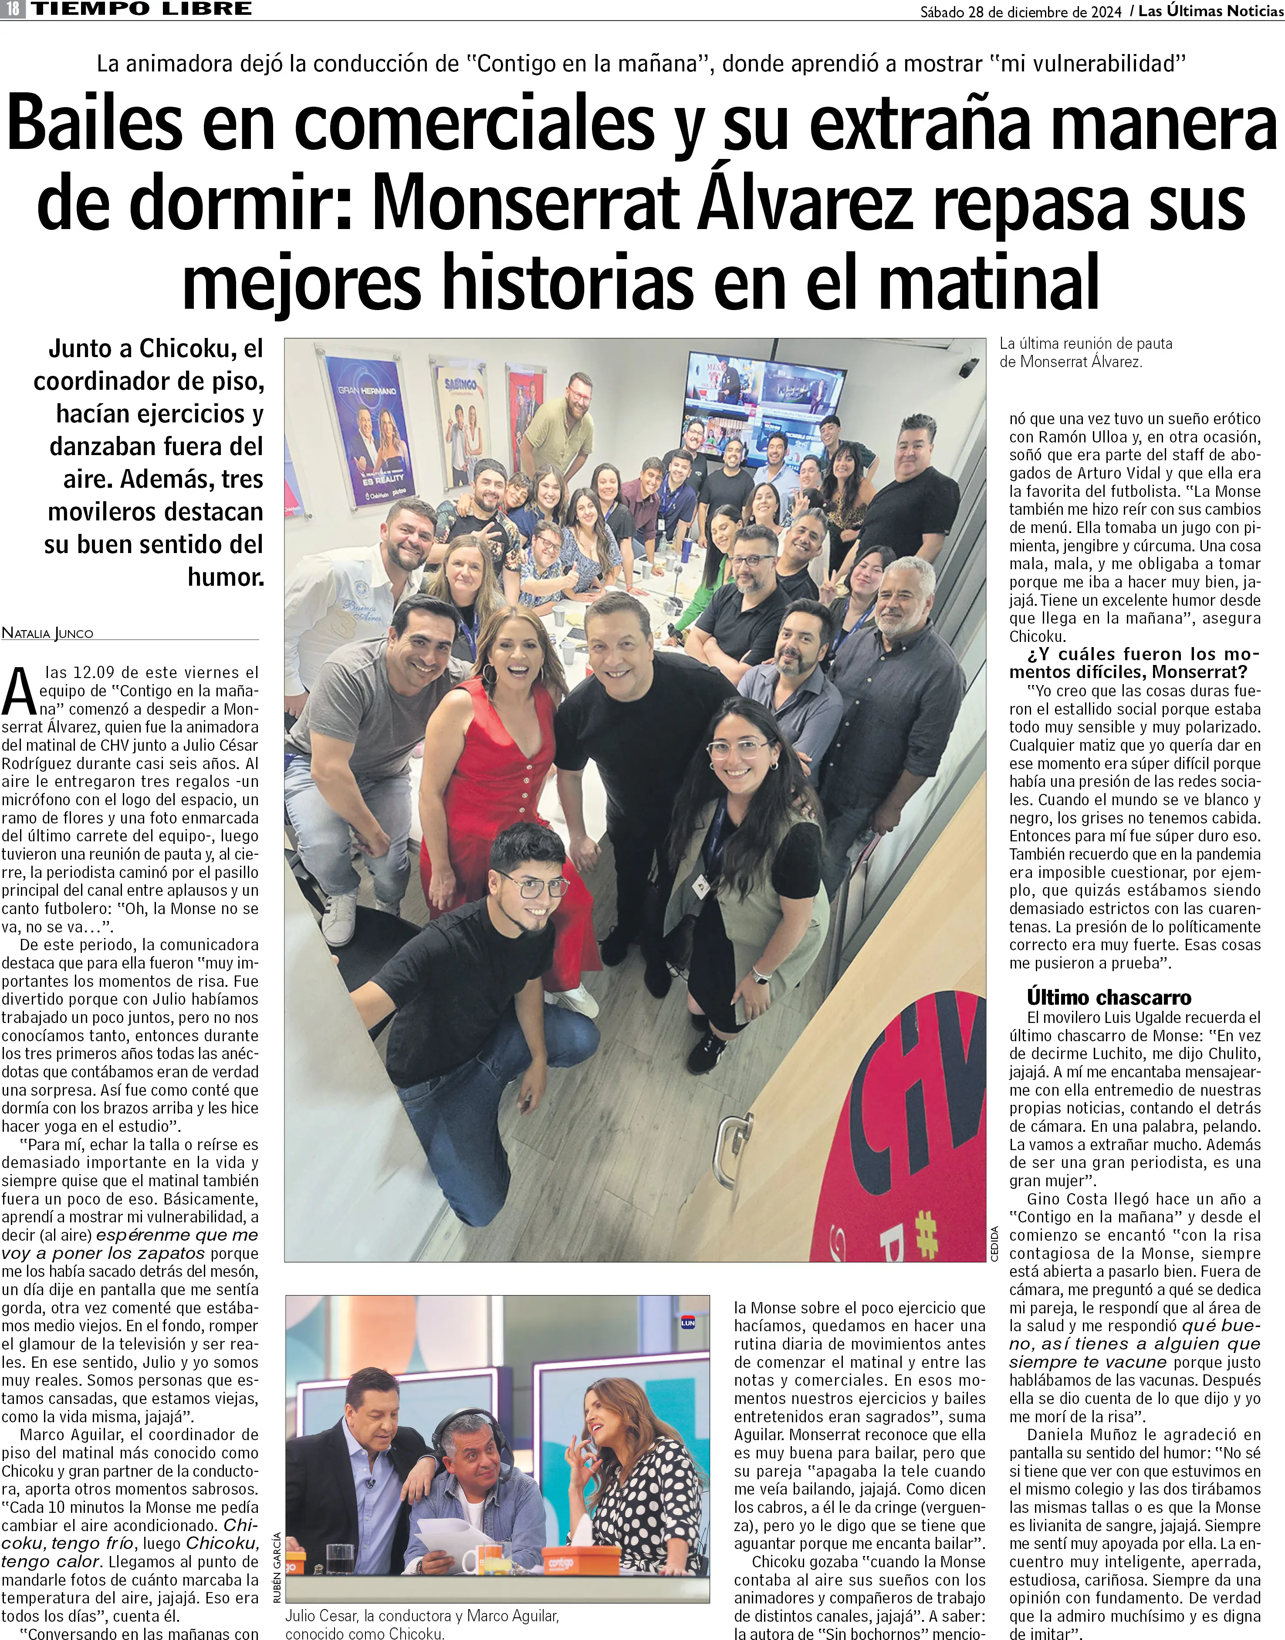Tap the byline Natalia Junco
(x=47, y=633)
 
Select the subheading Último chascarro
(x=1109, y=998)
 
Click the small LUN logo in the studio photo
(x=687, y=1323)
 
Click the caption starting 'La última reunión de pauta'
(x=1085, y=352)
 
